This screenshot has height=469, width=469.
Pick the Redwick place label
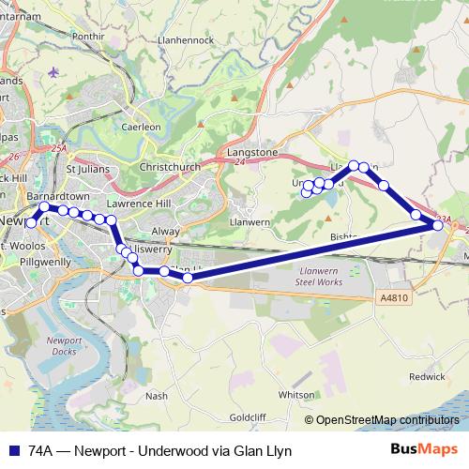pos(427,376)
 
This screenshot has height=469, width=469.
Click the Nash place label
pos(157,396)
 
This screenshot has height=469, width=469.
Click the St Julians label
pos(83,169)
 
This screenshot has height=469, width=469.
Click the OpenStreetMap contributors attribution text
pos(387,419)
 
